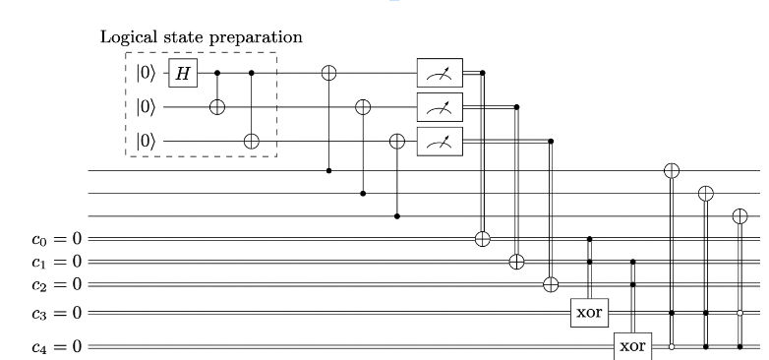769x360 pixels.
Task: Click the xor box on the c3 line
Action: pyautogui.click(x=589, y=314)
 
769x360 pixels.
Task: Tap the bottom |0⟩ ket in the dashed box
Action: pyautogui.click(x=145, y=141)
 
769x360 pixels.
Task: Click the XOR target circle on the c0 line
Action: pyautogui.click(x=482, y=238)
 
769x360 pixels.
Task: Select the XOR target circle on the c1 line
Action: pyautogui.click(x=516, y=262)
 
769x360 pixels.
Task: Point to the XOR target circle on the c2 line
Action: pyautogui.click(x=551, y=285)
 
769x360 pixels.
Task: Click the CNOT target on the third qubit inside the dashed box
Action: pyautogui.click(x=252, y=141)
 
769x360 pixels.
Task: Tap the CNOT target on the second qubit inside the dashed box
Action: pyautogui.click(x=217, y=106)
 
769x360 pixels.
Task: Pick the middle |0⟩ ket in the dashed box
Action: pyautogui.click(x=145, y=106)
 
